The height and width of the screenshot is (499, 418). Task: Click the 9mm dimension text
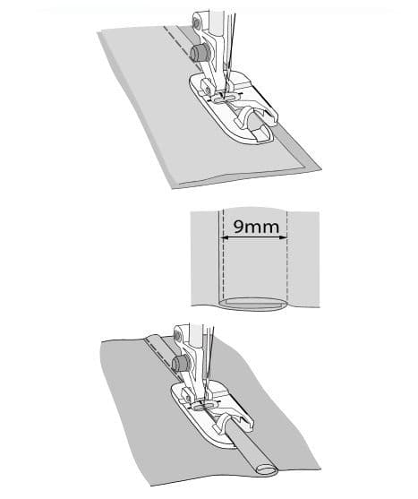[256, 227]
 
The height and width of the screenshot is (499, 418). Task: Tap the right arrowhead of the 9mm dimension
[284, 237]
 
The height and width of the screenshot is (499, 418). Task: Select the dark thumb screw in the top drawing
[199, 53]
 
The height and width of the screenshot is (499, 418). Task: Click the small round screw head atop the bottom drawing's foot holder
[179, 336]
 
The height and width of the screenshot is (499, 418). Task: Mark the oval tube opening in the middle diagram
[252, 304]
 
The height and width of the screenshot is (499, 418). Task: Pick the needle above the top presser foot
[230, 54]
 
